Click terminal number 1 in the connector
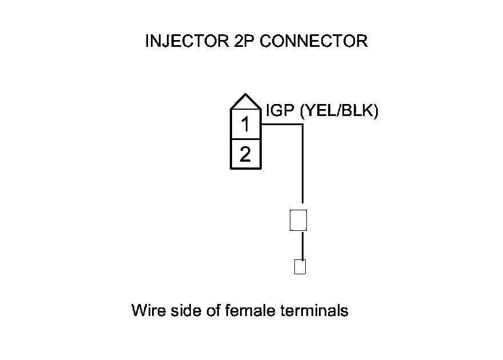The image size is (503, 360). [245, 123]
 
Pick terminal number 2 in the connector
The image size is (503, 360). [245, 154]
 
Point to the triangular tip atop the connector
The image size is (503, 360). [245, 101]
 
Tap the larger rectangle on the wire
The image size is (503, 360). [298, 220]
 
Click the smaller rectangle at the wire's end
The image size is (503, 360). [300, 267]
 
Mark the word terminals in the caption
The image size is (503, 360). [315, 311]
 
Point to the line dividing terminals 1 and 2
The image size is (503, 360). [245, 138]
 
